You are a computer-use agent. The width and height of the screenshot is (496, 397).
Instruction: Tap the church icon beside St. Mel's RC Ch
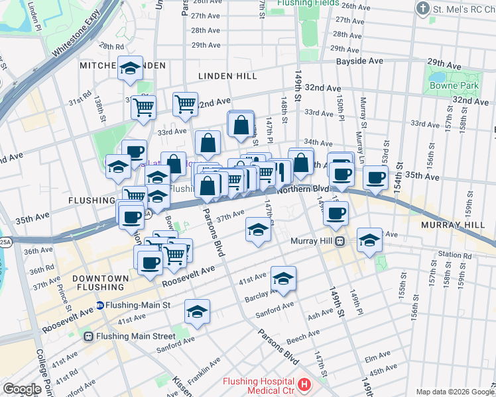click(422, 9)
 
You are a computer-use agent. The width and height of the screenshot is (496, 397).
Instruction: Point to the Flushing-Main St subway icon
click(100, 305)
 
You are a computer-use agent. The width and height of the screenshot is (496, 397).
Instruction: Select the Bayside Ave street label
click(359, 61)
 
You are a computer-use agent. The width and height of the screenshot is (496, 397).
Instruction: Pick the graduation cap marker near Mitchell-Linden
click(131, 67)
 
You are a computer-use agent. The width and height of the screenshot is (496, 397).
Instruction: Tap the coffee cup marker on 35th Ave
click(376, 177)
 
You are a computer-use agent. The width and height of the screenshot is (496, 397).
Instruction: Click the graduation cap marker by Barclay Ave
click(283, 279)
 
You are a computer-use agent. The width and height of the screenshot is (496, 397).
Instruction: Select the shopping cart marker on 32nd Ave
click(185, 103)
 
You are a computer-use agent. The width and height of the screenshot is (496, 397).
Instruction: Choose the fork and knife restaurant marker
click(280, 171)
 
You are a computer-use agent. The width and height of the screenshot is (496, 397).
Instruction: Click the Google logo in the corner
click(22, 389)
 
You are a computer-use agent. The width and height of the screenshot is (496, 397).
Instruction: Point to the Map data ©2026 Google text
click(455, 392)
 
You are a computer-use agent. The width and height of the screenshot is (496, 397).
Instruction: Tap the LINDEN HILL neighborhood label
click(227, 76)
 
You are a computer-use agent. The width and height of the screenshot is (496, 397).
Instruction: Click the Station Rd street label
click(454, 255)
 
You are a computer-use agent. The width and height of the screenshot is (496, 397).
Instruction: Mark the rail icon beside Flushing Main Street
click(88, 336)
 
